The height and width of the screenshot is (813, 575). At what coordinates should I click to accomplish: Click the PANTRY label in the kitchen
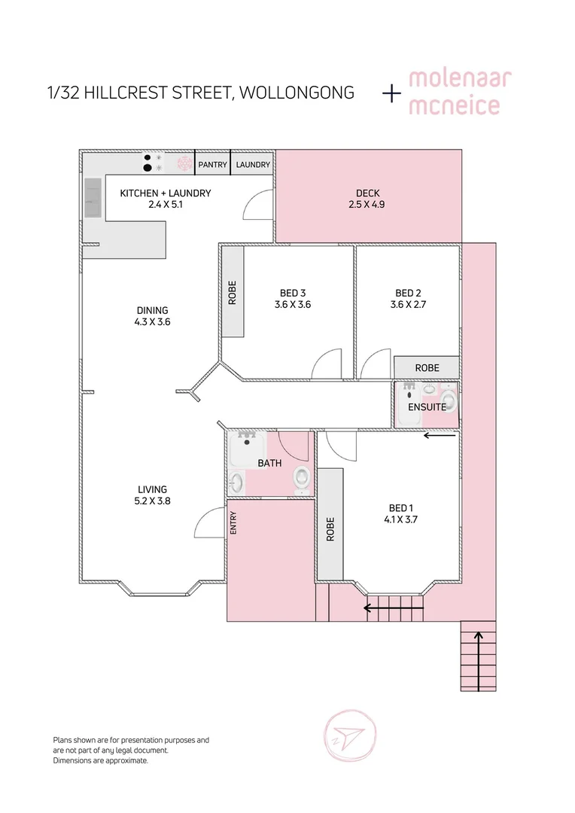click(212, 165)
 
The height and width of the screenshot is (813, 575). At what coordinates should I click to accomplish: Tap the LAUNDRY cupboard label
click(253, 165)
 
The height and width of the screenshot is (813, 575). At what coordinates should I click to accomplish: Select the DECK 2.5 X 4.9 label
click(367, 199)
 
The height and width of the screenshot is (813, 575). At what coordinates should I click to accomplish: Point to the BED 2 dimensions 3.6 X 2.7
click(407, 305)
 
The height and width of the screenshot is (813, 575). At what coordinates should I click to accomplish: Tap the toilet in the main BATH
click(301, 477)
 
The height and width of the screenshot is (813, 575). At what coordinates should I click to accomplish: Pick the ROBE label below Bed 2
click(427, 368)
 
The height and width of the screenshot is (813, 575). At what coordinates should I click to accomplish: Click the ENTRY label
click(233, 524)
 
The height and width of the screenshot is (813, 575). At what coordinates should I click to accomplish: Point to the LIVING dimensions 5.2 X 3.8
click(152, 501)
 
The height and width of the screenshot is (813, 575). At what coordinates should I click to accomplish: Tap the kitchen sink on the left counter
click(93, 191)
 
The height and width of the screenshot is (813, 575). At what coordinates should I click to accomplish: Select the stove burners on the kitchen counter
click(153, 163)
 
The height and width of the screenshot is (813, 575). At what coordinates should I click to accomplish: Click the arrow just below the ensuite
click(440, 434)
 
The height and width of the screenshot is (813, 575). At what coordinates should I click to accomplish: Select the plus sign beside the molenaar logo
click(392, 93)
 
